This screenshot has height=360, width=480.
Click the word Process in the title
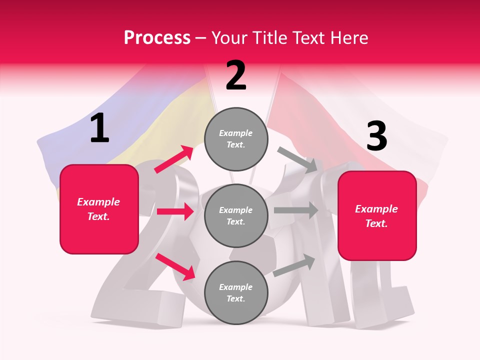pos(157,38)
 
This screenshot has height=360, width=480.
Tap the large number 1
pos(99,128)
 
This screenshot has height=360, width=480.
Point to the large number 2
pos(236,75)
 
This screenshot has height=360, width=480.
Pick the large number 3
pos(376,136)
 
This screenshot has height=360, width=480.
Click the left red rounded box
pos(99,209)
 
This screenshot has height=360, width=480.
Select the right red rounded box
pos(377,215)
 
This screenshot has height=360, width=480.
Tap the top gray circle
pos(236,139)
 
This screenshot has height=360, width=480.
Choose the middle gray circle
pos(236,215)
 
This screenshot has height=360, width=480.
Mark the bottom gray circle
pos(236,292)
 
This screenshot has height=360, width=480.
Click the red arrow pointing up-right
pos(174,159)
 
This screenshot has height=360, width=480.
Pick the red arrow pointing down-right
pos(175,266)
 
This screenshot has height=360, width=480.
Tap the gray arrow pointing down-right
pos(297,159)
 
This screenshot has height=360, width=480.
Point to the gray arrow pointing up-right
pos(294,265)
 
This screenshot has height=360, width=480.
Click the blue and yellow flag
pos(125,125)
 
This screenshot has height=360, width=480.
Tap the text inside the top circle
pos(236,139)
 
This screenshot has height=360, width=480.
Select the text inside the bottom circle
pos(236,292)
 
